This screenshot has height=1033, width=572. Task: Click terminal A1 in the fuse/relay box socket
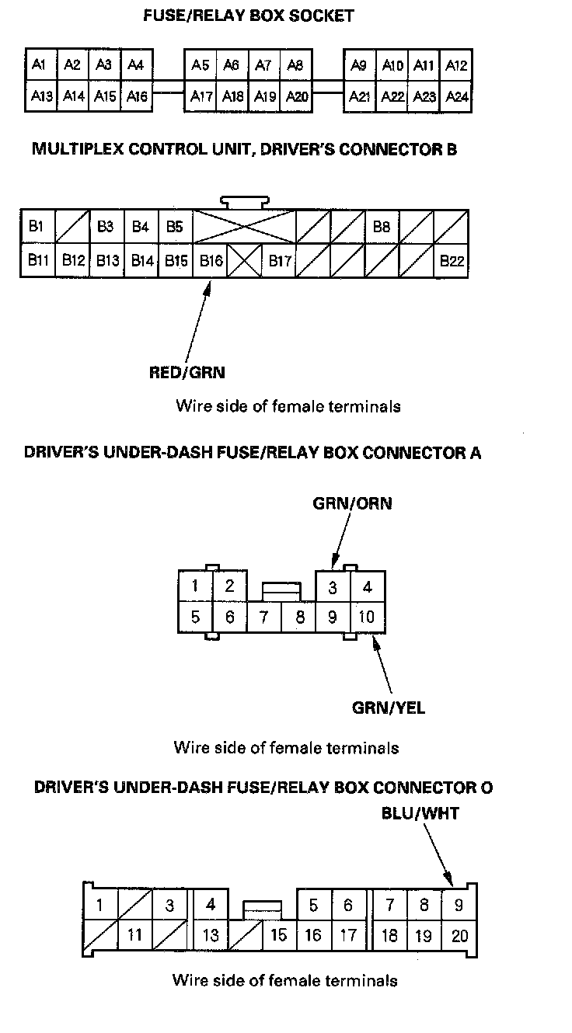click(39, 65)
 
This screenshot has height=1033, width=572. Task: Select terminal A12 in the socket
click(457, 65)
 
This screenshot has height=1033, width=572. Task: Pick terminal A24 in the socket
click(457, 97)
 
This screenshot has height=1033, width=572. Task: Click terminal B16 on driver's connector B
click(210, 261)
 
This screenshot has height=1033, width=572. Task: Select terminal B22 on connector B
click(451, 261)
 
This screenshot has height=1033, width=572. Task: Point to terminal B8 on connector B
click(382, 227)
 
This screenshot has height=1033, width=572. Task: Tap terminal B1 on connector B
click(36, 227)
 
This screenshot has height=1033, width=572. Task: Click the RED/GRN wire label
click(187, 373)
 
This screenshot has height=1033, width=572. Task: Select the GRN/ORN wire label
click(352, 504)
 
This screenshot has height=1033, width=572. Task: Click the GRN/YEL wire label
click(389, 708)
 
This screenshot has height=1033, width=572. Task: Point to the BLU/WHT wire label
click(420, 814)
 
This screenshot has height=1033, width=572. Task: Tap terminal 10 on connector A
click(367, 617)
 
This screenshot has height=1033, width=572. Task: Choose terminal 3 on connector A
click(332, 587)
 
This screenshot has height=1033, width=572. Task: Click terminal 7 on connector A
click(263, 617)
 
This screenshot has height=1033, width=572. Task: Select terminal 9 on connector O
click(459, 905)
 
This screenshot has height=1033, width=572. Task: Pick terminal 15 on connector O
click(278, 935)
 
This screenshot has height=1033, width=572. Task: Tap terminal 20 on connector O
click(459, 936)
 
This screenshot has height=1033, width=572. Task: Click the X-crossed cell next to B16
click(244, 261)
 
